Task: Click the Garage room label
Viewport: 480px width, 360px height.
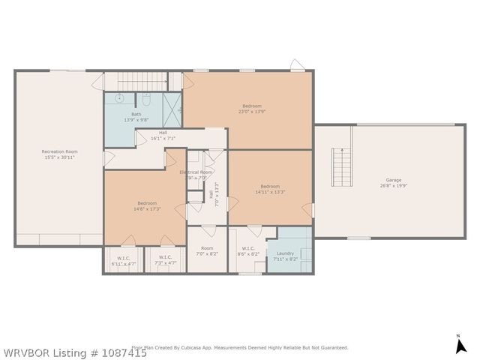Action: point(393,180)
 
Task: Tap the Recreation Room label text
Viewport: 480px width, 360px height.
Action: point(59,151)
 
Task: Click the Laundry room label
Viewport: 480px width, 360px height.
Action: point(285,253)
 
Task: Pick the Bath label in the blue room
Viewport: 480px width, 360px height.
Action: point(136,115)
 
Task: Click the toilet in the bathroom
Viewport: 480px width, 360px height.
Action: point(147,98)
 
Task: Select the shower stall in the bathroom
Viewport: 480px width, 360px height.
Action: point(173,109)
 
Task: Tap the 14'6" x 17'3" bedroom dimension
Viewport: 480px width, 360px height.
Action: point(147,208)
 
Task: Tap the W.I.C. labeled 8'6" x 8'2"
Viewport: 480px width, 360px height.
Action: point(249,253)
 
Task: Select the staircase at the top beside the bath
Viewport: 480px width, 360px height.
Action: point(135,80)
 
